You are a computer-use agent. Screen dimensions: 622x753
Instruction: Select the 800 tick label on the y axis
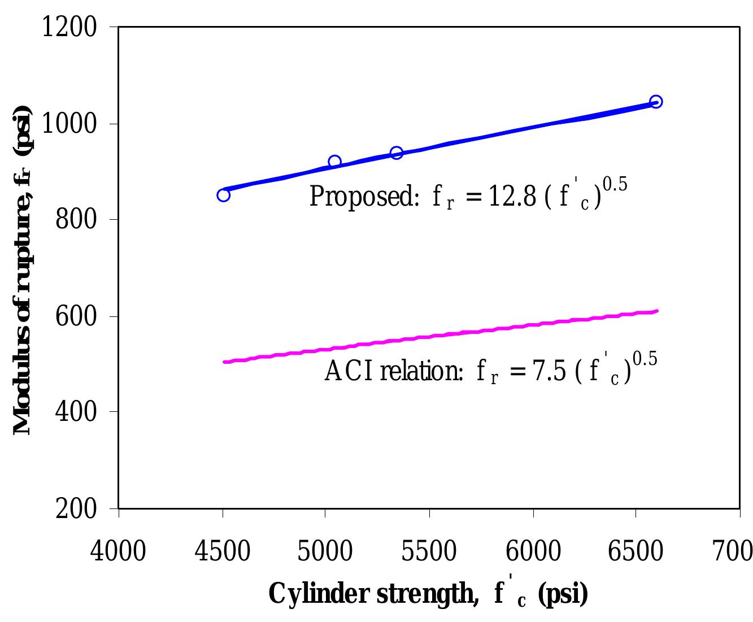(77, 220)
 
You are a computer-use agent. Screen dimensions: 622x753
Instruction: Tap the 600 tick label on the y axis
(77, 316)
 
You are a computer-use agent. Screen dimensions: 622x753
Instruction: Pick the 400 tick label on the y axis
(77, 412)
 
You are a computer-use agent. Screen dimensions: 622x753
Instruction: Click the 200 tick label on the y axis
(77, 508)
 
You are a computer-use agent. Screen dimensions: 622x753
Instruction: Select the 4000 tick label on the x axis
(118, 550)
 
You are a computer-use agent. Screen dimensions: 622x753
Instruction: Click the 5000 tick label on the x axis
(326, 550)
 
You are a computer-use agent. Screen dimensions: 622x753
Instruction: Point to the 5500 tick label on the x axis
(429, 550)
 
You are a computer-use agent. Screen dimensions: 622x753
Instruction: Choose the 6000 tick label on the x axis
(533, 550)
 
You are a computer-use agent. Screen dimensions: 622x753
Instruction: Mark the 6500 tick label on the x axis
(636, 550)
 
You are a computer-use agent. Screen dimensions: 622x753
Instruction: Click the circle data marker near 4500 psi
(223, 195)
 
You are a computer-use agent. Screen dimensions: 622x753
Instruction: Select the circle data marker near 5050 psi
(334, 162)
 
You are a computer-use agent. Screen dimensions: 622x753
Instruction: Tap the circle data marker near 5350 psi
(397, 153)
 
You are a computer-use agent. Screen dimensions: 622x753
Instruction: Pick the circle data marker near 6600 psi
(656, 102)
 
